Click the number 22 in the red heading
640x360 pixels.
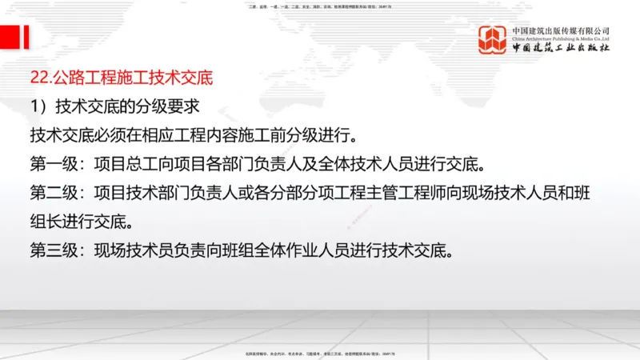point(38,78)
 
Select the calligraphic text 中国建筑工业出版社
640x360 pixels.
point(561,49)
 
